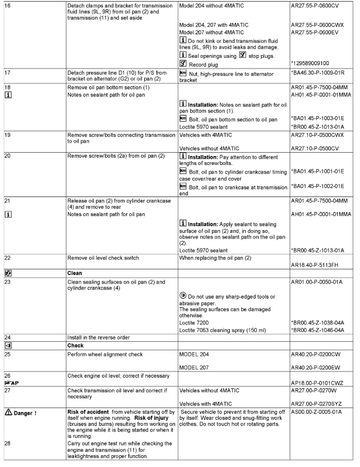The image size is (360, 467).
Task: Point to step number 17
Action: pos(6,74)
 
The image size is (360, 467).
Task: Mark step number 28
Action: pos(6,442)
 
